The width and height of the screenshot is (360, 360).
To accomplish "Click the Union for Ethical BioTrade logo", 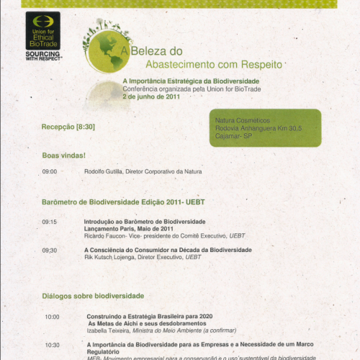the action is pyautogui.click(x=42, y=33).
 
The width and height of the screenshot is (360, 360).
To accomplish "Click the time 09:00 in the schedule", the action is pyautogui.click(x=49, y=171).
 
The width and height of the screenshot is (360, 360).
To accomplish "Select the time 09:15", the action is pyautogui.click(x=49, y=222).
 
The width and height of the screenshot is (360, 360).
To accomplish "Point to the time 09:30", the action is pyautogui.click(x=49, y=250).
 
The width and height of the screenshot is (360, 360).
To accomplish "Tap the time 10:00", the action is pyautogui.click(x=52, y=317).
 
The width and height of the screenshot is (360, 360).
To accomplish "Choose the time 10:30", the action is pyautogui.click(x=52, y=345).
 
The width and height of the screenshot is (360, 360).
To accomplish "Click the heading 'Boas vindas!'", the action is pyautogui.click(x=64, y=155).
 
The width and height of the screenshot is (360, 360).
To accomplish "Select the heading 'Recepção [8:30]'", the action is pyautogui.click(x=68, y=127).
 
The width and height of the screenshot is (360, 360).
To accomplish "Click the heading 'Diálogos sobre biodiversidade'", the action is pyautogui.click(x=93, y=296).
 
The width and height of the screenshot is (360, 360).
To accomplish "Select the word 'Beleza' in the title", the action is pyautogui.click(x=153, y=51).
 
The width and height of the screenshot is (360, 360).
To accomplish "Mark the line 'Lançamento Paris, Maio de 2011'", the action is pyautogui.click(x=128, y=228).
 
